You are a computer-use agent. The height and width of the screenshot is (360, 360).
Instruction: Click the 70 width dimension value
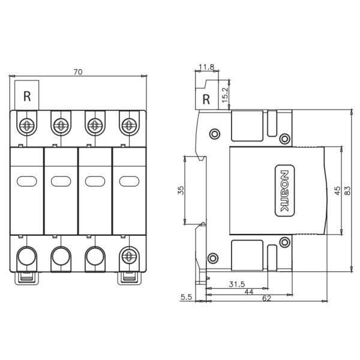tap(78, 72)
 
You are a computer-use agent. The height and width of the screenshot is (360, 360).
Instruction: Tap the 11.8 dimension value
tap(206, 67)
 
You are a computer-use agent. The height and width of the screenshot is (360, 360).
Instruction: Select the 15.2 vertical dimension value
tap(225, 95)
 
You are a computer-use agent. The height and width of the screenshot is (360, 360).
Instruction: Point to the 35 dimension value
tap(181, 190)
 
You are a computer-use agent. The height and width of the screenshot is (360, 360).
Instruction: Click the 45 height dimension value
tap(337, 191)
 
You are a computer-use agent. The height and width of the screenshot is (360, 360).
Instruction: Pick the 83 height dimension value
tap(348, 191)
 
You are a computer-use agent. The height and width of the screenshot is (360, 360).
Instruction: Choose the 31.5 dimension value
tap(237, 284)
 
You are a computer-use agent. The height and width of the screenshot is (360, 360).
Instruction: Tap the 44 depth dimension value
tap(249, 292)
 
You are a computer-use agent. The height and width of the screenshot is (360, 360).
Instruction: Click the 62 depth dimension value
tap(266, 298)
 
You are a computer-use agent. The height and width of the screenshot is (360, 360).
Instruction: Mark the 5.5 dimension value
tap(186, 297)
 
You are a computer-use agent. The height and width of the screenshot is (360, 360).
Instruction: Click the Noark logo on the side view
tap(284, 191)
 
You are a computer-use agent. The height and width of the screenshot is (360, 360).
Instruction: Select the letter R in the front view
tap(27, 97)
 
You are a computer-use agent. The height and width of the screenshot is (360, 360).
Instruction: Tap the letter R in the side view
tap(206, 100)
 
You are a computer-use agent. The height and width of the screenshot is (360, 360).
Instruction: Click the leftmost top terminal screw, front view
tap(27, 125)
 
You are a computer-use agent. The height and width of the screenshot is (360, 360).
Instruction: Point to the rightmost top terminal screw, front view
tap(129, 125)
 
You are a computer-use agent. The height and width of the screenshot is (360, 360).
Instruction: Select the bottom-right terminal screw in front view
tap(129, 256)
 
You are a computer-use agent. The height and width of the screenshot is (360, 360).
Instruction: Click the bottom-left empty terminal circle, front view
tap(27, 256)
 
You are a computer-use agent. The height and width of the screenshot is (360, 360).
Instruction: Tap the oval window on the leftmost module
tap(27, 181)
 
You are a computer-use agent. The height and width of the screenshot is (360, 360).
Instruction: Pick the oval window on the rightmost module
tap(129, 181)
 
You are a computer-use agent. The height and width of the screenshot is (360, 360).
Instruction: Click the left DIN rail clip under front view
tap(27, 278)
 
